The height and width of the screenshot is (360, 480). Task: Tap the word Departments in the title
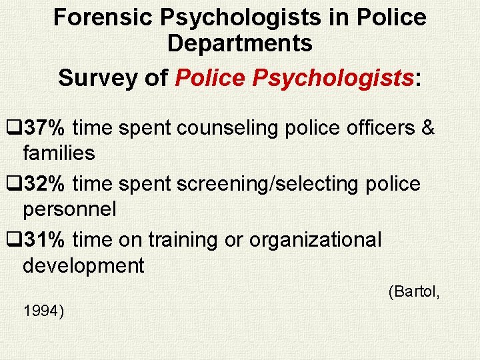tap(240, 43)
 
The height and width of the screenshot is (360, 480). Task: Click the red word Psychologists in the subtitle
tap(333, 77)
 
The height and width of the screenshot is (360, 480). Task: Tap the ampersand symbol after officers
tap(428, 127)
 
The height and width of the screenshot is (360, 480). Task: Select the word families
tap(59, 153)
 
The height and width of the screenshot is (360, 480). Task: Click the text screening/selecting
tap(266, 183)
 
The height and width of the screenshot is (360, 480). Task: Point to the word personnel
tap(69, 209)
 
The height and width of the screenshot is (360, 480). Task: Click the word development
tap(83, 265)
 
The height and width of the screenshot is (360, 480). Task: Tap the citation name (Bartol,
tap(413, 291)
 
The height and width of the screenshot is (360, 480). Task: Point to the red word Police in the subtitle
tap(210, 77)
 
